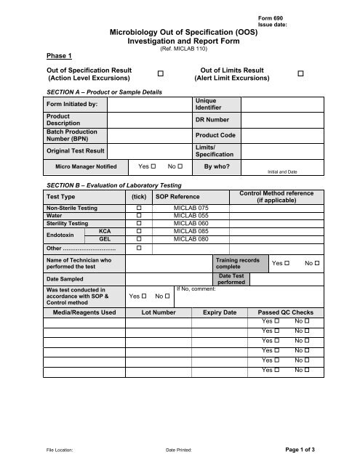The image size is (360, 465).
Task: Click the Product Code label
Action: [x=215, y=135]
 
